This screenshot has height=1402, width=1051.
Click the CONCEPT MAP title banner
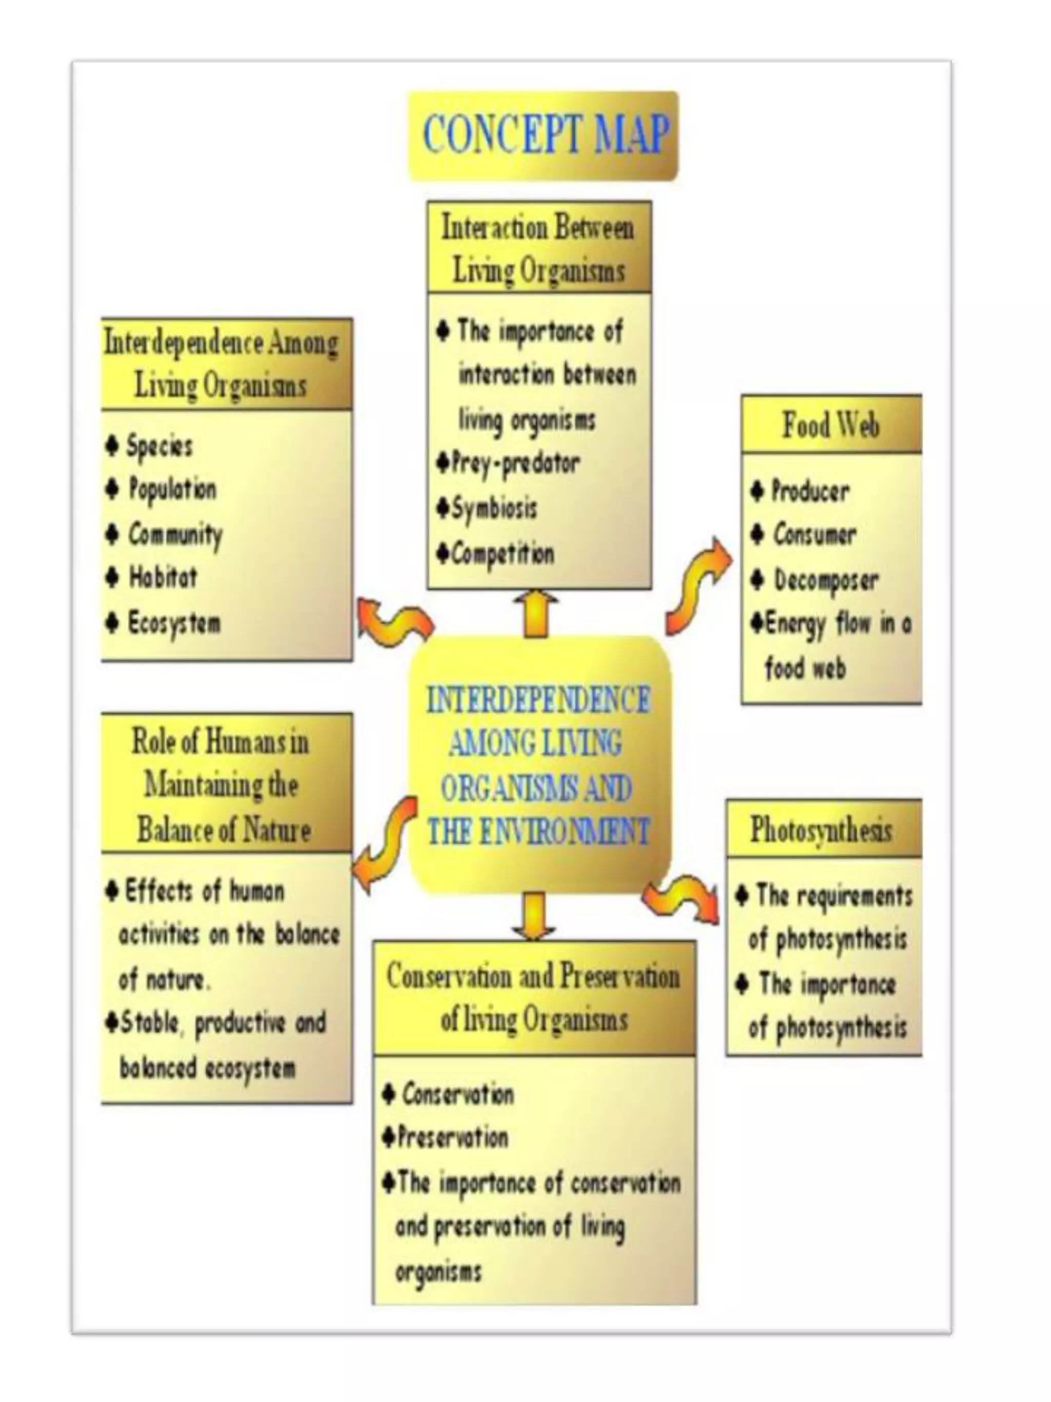point(543,135)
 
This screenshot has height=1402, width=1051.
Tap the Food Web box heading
point(830,424)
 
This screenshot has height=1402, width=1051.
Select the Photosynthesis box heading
point(822,829)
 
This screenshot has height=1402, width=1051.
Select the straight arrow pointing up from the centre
point(536,613)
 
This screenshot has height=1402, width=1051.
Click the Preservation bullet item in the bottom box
point(452,1137)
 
